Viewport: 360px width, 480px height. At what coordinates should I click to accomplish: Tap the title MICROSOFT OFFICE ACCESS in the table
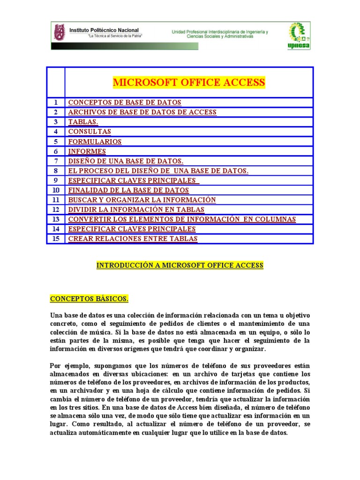coord(189,83)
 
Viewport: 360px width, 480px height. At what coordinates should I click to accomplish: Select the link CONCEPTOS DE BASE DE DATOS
coord(125,103)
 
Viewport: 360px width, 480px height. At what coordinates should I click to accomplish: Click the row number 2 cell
coord(56,112)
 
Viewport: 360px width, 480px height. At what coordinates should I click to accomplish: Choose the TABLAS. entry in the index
coord(83,122)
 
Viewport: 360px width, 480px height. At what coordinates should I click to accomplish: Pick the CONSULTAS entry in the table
coord(90,132)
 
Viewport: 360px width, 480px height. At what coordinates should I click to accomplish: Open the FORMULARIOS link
coord(95,142)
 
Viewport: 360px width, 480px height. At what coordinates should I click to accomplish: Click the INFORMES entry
coord(87,151)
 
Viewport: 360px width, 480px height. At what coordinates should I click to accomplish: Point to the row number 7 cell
coord(56,161)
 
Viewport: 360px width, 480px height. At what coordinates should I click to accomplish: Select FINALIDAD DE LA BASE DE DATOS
coord(128,190)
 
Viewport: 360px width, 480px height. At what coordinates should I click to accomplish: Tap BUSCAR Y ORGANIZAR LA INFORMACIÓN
coord(142,200)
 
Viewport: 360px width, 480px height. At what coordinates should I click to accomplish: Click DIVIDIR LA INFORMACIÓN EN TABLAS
coord(136,210)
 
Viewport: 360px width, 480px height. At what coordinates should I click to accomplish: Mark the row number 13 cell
coord(56,219)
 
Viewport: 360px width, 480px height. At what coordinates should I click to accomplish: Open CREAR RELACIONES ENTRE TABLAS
coord(133,239)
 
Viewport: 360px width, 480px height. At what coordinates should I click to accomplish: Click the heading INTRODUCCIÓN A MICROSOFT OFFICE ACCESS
coord(180,265)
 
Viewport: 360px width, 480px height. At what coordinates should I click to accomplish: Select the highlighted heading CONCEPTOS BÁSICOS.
coord(89,299)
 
